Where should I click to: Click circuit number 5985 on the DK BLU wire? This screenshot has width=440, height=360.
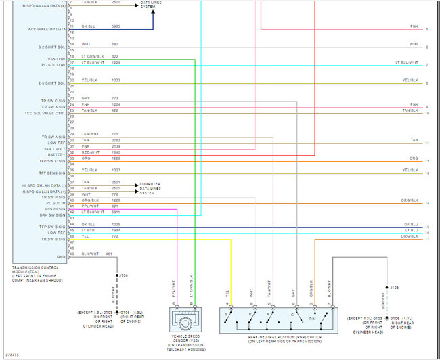(x=115, y=26)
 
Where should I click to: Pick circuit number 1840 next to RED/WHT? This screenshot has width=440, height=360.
(x=115, y=152)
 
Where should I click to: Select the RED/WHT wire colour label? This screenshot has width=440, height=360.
(x=90, y=152)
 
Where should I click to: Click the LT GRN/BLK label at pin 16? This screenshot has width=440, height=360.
(x=91, y=56)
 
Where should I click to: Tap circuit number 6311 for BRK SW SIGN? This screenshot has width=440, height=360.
(x=115, y=212)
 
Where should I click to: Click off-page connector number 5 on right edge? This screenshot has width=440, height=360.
(x=427, y=30)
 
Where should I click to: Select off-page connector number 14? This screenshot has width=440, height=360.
(x=427, y=203)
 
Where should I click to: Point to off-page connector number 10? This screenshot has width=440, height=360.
(x=427, y=113)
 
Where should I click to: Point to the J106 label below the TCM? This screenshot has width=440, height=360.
(x=123, y=276)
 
